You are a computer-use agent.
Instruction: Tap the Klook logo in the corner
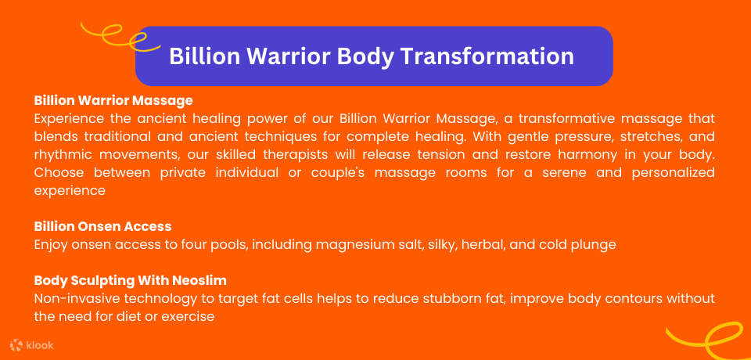click(32, 344)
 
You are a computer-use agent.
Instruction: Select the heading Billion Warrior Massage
click(113, 101)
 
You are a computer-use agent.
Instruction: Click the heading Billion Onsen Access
click(102, 226)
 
